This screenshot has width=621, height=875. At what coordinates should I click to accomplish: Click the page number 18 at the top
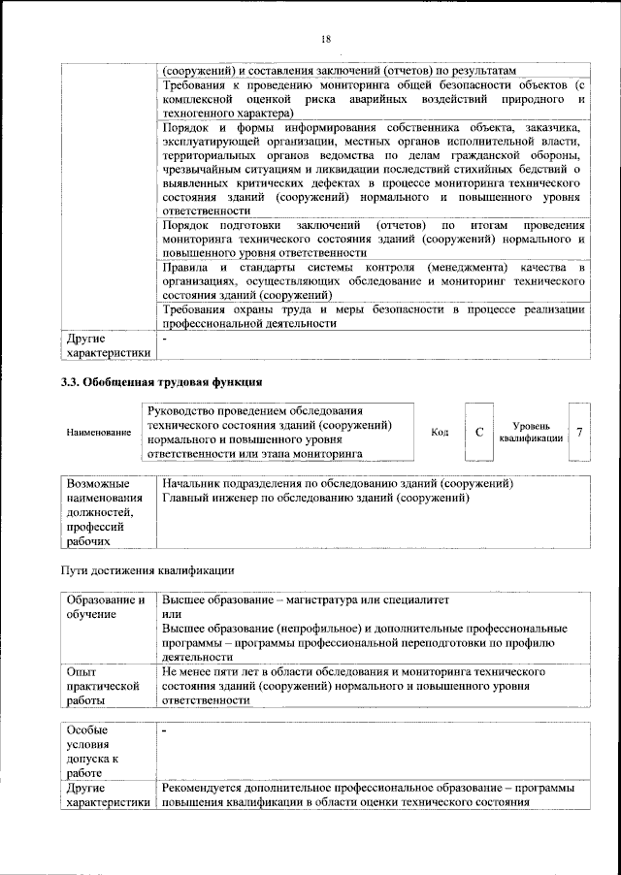point(325,38)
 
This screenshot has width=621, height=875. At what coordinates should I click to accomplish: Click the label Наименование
point(99,432)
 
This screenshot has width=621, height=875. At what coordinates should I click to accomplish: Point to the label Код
point(440,432)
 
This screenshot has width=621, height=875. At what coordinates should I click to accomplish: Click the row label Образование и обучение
point(105,607)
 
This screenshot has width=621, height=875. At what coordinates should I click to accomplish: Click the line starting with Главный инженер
point(316,498)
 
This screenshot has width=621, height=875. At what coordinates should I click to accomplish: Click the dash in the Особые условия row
point(166,730)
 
